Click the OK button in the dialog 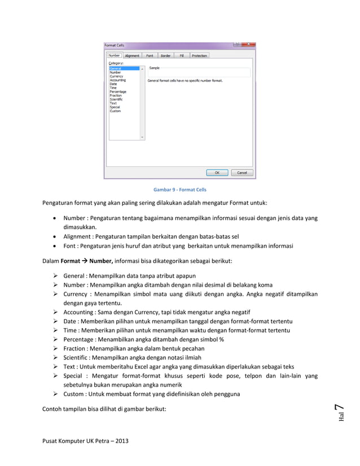(217, 173)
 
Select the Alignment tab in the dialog (132, 56)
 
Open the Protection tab (199, 56)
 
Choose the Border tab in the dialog (165, 56)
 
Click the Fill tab (182, 56)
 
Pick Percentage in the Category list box (118, 92)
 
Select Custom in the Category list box (115, 111)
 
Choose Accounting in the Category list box (118, 80)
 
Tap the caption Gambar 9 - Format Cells (180, 190)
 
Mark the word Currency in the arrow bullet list (75, 294)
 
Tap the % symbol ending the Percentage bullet (222, 340)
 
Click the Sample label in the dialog (154, 68)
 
